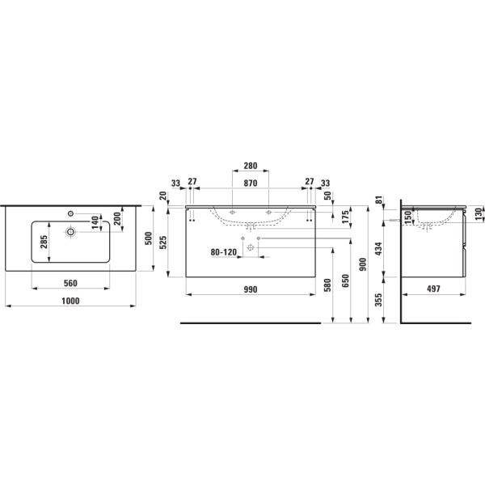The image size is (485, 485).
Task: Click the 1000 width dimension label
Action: click(70, 301)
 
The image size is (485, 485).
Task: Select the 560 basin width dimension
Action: click(70, 283)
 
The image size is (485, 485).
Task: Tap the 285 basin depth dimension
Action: click(44, 242)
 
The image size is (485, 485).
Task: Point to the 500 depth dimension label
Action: click(149, 238)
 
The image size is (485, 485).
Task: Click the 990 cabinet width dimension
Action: click(251, 289)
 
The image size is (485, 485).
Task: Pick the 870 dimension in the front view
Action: click(251, 183)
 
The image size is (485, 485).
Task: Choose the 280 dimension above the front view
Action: click(251, 166)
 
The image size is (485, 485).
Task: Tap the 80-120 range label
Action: click(224, 252)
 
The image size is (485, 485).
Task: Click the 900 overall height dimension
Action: click(363, 264)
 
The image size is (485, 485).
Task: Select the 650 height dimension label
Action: click(345, 280)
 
